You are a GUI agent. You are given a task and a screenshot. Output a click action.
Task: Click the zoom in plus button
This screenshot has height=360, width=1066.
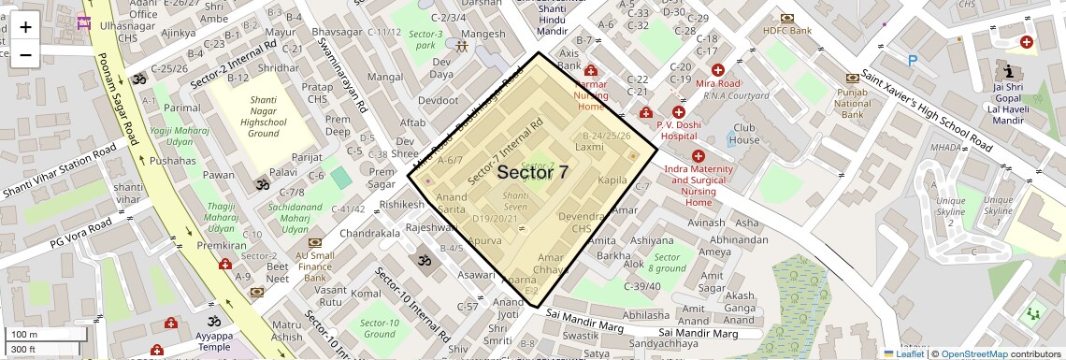pos(25,26)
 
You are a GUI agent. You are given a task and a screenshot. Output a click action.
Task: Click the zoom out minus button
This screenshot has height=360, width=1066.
pos(25,54)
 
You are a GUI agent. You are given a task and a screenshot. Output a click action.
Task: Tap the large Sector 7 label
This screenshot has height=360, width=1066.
pos(532,172)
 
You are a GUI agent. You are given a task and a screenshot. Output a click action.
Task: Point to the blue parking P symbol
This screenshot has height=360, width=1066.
pos(912,61)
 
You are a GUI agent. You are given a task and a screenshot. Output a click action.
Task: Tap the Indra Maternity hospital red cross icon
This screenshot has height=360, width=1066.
pos(698,155)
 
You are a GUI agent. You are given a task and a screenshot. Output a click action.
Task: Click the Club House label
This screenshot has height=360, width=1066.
pos(745,134)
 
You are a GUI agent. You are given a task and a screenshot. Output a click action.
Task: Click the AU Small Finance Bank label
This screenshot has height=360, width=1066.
pos(314,266)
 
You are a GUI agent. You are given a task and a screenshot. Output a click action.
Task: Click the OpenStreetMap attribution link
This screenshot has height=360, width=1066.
pos(973,353)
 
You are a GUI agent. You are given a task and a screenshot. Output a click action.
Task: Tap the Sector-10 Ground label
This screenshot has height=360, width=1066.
pos(379,328)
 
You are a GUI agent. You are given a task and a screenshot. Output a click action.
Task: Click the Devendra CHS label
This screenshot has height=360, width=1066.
pos(582,222)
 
